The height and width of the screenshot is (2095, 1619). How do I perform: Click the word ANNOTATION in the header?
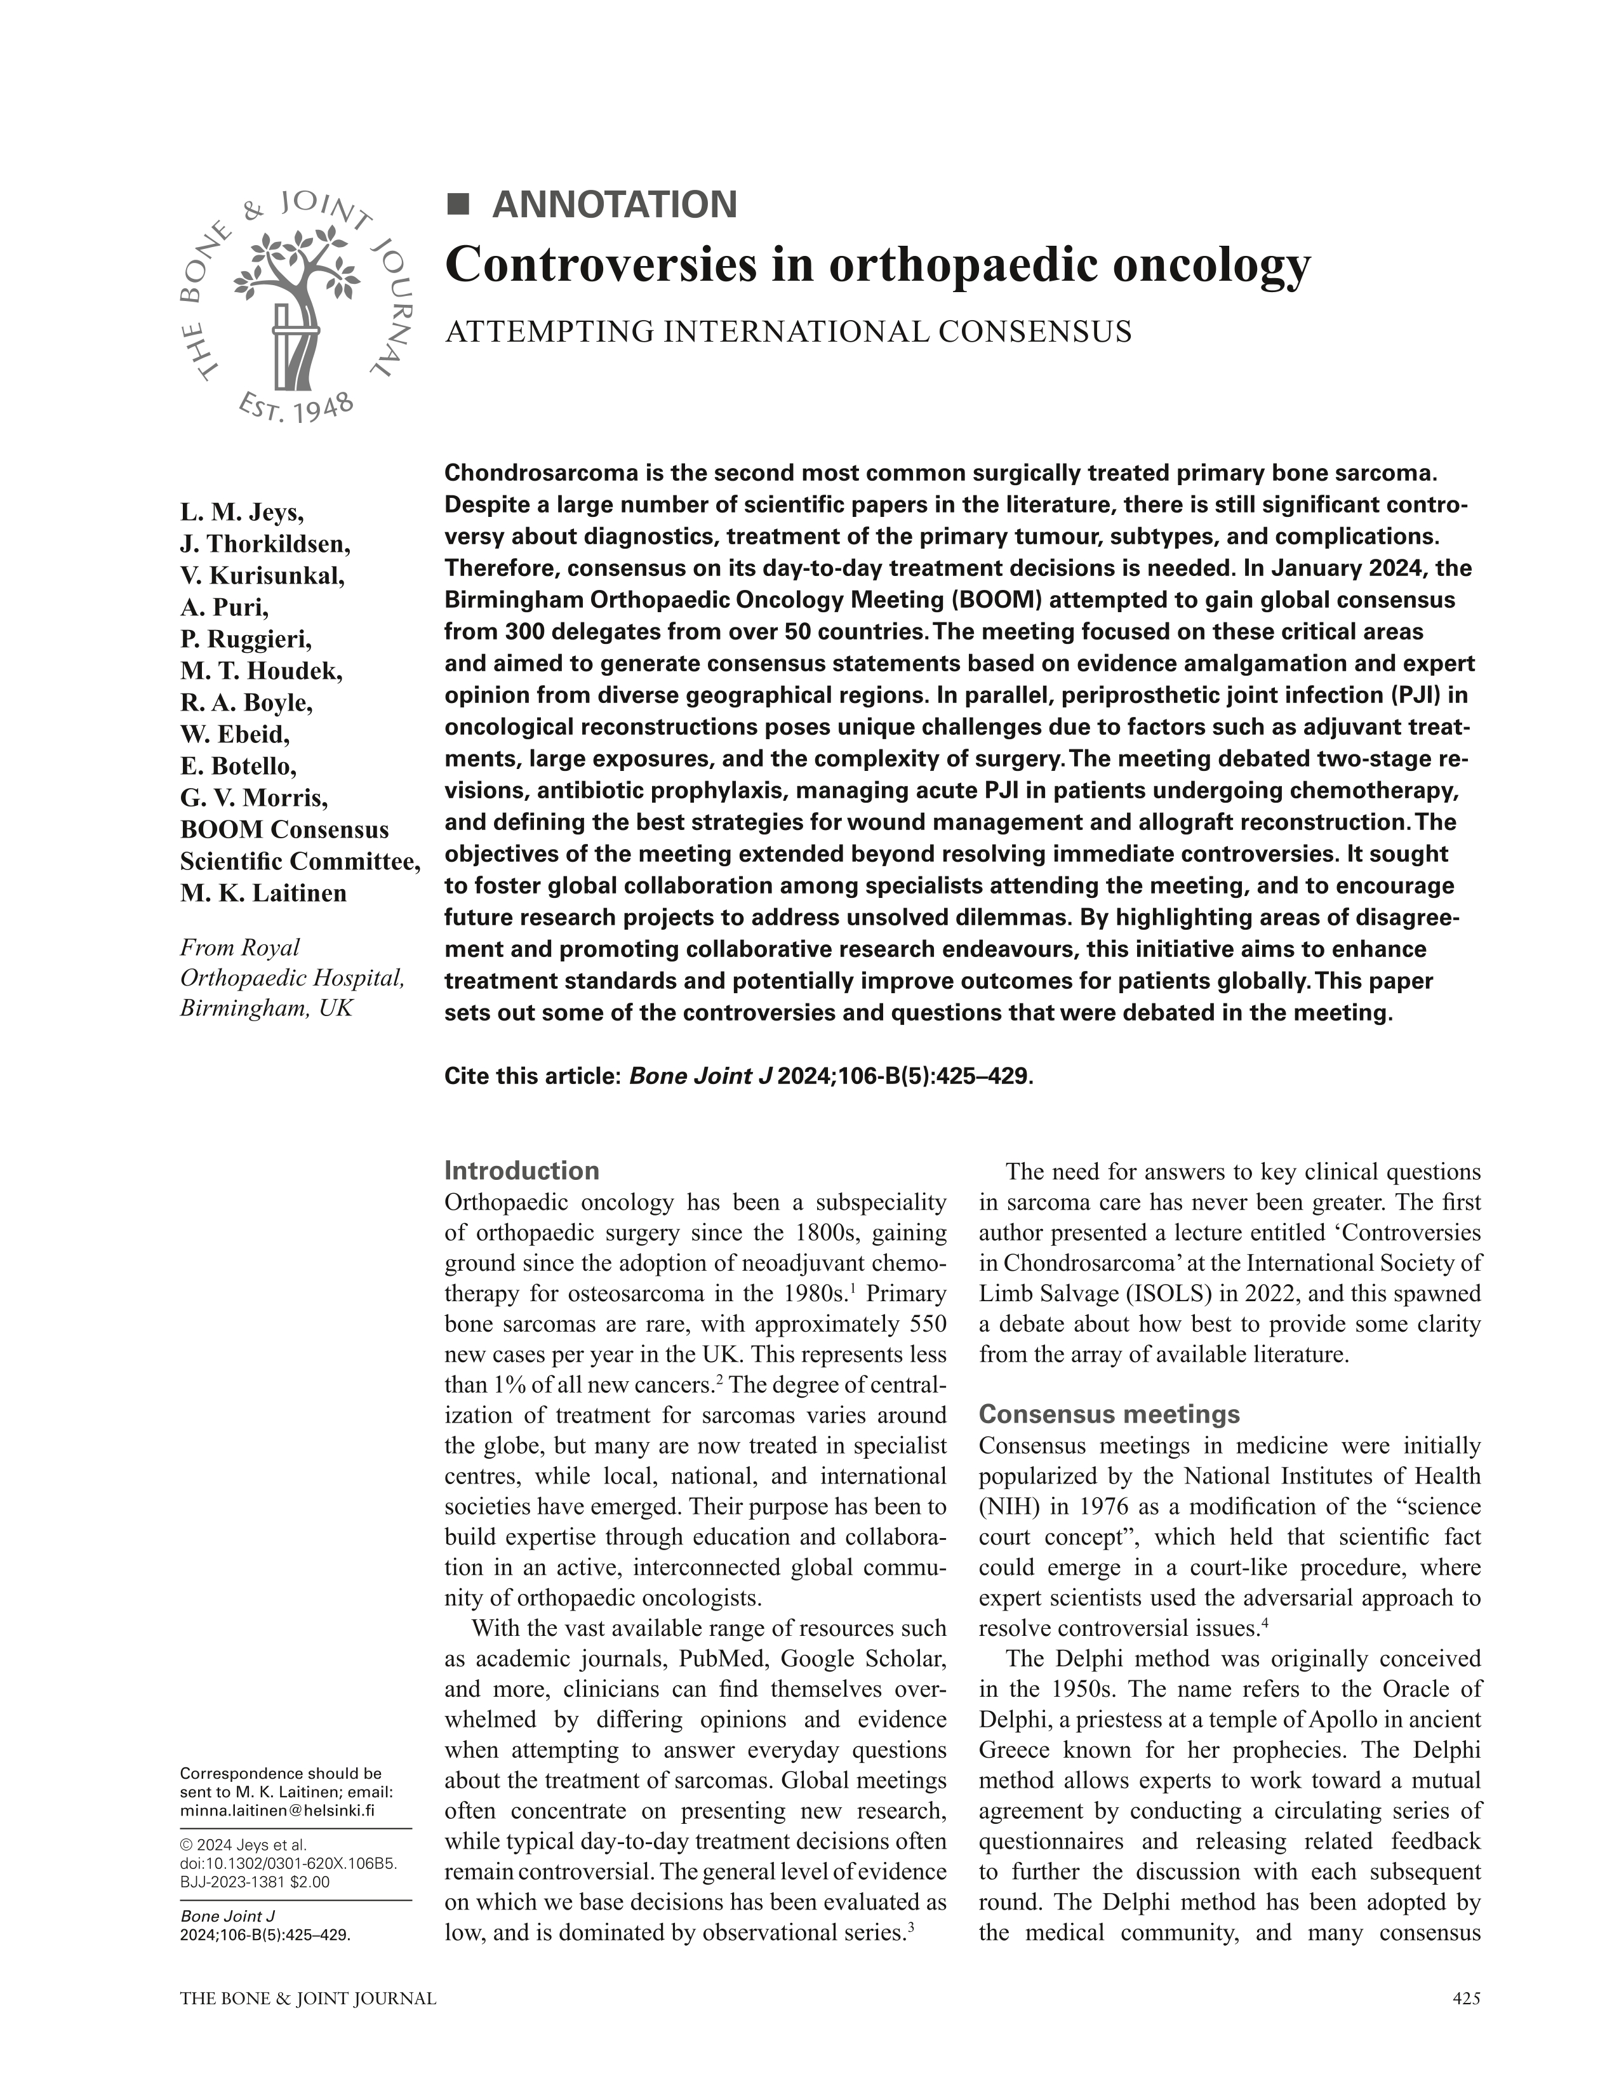[614, 205]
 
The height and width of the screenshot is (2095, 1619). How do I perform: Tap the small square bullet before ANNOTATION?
[460, 204]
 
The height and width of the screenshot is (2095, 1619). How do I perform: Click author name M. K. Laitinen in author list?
[263, 893]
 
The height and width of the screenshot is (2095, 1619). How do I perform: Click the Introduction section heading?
[522, 1170]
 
